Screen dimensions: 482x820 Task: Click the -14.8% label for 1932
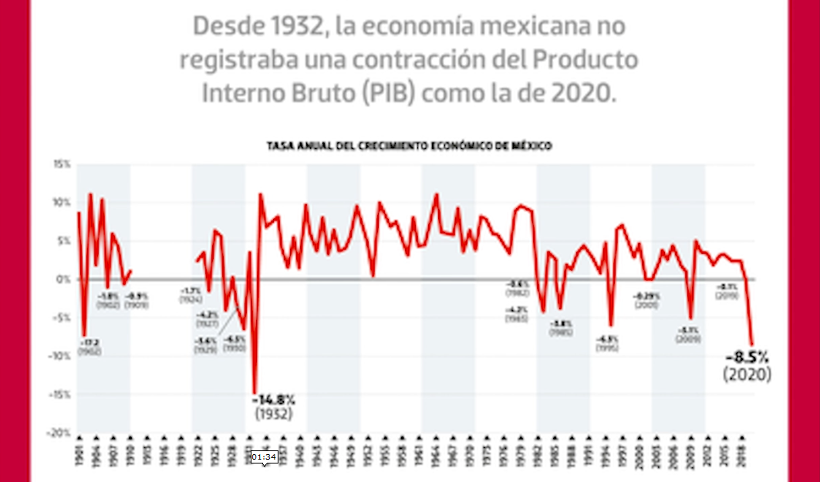coord(273,399)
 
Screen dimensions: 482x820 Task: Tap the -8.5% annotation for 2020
coord(747,357)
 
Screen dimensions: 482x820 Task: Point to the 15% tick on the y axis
coord(62,164)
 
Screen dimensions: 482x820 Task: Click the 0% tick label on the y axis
coord(63,279)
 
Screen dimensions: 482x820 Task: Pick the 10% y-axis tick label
coord(62,203)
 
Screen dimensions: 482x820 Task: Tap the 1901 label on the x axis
coord(79,456)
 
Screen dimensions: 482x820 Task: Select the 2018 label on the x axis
coord(741,456)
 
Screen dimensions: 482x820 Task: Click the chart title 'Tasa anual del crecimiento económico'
coord(410,145)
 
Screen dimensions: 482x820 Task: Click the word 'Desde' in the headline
coord(227,27)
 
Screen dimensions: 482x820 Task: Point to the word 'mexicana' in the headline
coord(568,27)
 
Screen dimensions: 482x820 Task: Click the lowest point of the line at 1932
coord(255,393)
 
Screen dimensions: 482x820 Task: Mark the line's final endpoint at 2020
coord(752,345)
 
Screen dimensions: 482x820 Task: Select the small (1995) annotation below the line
coord(607,348)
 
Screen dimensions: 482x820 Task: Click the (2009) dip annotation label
coord(688,339)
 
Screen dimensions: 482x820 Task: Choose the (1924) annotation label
coord(191,299)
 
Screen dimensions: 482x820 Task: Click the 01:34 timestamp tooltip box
coord(263,457)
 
